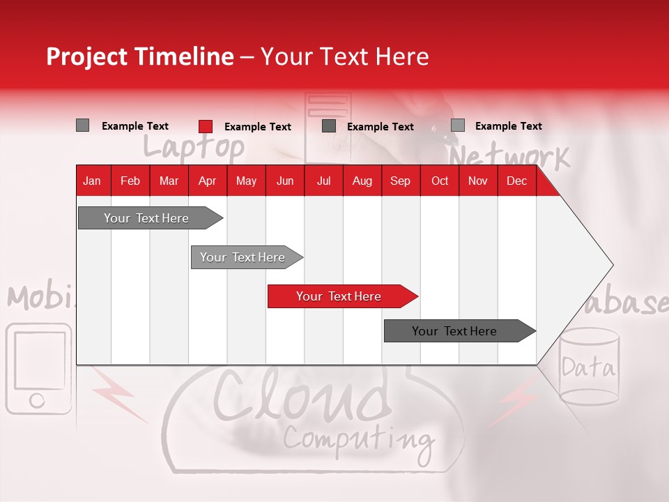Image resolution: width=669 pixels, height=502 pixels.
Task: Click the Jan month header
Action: [92, 181]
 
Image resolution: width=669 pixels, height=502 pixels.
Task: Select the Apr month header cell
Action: [208, 181]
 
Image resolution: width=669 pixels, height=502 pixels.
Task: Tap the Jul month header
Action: [323, 181]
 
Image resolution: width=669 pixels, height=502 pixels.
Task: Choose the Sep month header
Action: [400, 181]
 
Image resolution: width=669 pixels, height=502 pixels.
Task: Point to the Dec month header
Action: [516, 181]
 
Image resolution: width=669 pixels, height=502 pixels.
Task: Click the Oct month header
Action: [440, 181]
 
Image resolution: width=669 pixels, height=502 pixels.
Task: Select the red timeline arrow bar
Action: [341, 296]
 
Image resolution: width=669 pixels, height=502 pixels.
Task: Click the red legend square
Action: [206, 126]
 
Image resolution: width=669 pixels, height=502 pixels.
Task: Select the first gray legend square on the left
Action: [83, 125]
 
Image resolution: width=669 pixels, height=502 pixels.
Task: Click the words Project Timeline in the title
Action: [139, 56]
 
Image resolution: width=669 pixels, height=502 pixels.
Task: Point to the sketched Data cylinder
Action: [589, 367]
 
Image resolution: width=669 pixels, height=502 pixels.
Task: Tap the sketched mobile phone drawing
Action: [38, 368]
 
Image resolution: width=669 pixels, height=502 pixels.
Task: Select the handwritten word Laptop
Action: [194, 147]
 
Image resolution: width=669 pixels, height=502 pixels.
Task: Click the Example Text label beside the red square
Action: [258, 127]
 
